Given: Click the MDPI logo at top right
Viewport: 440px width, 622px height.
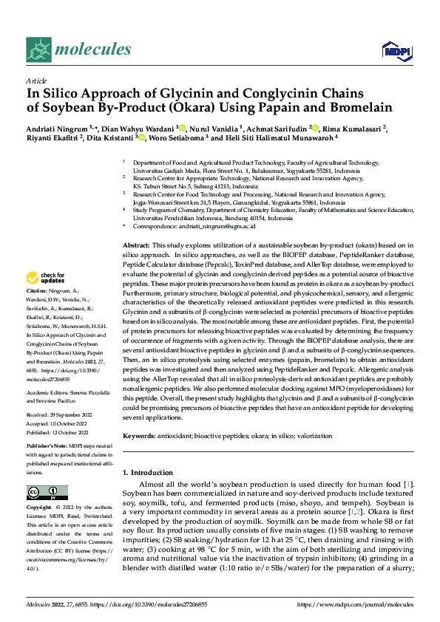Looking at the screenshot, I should (396, 50).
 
